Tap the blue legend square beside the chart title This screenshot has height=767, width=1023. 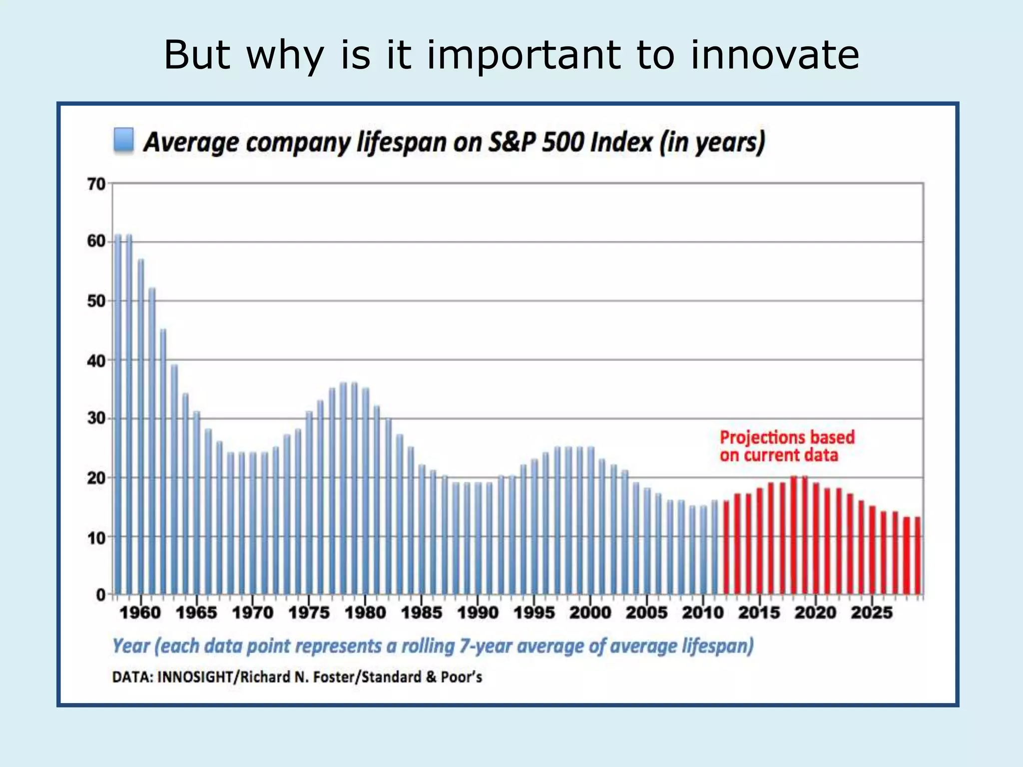[x=123, y=140]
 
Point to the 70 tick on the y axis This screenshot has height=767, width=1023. [x=96, y=184]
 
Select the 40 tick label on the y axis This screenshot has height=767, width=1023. [x=96, y=361]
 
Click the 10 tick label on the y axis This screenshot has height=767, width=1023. [x=96, y=538]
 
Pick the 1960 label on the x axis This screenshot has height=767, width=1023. [x=140, y=612]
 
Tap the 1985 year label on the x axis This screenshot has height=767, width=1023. [x=422, y=612]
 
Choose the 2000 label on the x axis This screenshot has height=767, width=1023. [x=590, y=612]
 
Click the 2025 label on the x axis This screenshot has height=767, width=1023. [x=872, y=612]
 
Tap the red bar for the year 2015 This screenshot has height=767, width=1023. [x=760, y=541]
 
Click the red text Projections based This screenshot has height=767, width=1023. [x=787, y=437]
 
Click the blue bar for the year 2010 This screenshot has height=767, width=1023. [x=703, y=550]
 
